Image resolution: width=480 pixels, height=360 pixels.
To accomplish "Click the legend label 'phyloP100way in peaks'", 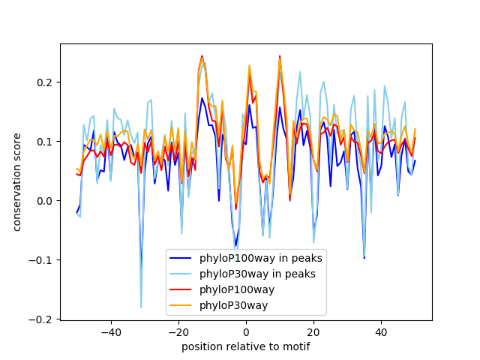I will pyautogui.click(x=261, y=258).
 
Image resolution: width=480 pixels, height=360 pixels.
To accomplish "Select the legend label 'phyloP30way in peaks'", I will pyautogui.click(x=257, y=274).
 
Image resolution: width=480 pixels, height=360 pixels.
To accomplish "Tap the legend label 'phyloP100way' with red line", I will pyautogui.click(x=237, y=289).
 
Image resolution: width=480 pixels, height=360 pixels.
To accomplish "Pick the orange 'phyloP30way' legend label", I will pyautogui.click(x=233, y=305).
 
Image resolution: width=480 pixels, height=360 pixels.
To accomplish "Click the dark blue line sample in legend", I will pyautogui.click(x=182, y=258).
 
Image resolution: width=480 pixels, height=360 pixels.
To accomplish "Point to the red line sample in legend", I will pyautogui.click(x=182, y=289).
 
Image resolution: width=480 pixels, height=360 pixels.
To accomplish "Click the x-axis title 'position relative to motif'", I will pyautogui.click(x=246, y=346).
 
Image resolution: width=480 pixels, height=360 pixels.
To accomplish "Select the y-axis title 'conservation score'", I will pyautogui.click(x=16, y=181).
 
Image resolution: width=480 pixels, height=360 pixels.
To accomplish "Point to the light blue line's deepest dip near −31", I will pyautogui.click(x=141, y=307).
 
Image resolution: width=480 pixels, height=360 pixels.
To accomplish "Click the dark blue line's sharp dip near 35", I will pyautogui.click(x=364, y=258).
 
